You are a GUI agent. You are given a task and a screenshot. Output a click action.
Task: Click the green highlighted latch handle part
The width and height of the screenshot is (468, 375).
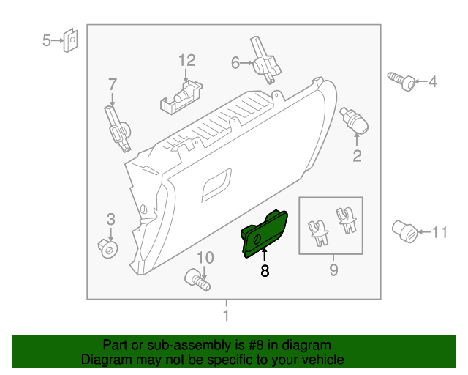pos(266,234)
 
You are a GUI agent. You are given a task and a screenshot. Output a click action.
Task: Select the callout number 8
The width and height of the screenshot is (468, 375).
pos(265,271)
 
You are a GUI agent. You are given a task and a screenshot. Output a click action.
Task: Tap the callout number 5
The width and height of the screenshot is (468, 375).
pos(46,40)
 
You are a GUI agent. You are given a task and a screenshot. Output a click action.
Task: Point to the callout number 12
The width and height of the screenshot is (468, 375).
pos(187,59)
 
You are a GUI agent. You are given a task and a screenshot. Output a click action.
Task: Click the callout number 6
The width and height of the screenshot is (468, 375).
pos(236,63)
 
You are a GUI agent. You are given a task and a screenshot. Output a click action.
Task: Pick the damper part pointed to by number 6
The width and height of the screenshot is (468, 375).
pos(264,59)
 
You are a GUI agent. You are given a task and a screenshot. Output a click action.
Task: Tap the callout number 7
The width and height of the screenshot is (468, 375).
pos(113,84)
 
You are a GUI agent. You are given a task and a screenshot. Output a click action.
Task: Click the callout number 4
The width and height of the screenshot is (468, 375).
pos(432,82)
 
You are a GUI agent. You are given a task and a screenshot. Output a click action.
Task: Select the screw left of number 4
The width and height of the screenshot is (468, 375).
pos(401,81)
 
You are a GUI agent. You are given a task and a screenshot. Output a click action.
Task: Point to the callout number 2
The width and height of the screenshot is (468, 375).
pos(358,155)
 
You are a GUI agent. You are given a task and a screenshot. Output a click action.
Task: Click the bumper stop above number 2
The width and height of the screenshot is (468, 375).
pos(353,120)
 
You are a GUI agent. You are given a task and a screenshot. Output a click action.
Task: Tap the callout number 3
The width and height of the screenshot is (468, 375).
pos(110,218)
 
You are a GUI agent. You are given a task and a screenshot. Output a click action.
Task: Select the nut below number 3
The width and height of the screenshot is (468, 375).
pos(108,248)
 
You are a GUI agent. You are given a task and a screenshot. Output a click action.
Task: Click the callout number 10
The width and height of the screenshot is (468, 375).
pos(205,257)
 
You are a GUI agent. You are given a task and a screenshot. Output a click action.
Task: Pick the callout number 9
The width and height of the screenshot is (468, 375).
pos(333,271)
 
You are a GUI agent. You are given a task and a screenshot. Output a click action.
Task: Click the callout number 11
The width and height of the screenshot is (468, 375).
pos(439,233)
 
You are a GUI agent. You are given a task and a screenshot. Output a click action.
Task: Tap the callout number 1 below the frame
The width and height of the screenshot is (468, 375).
pos(226,316)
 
